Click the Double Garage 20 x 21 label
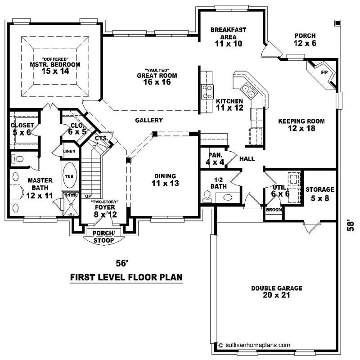(270, 292)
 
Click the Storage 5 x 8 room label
(319, 193)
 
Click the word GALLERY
(148, 120)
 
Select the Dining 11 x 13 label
(163, 180)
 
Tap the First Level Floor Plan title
(126, 277)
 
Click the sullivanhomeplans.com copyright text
(254, 345)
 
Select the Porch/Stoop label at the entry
(103, 237)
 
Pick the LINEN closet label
(69, 151)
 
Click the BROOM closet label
(274, 210)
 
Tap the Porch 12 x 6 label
(305, 40)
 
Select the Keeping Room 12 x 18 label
(301, 125)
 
